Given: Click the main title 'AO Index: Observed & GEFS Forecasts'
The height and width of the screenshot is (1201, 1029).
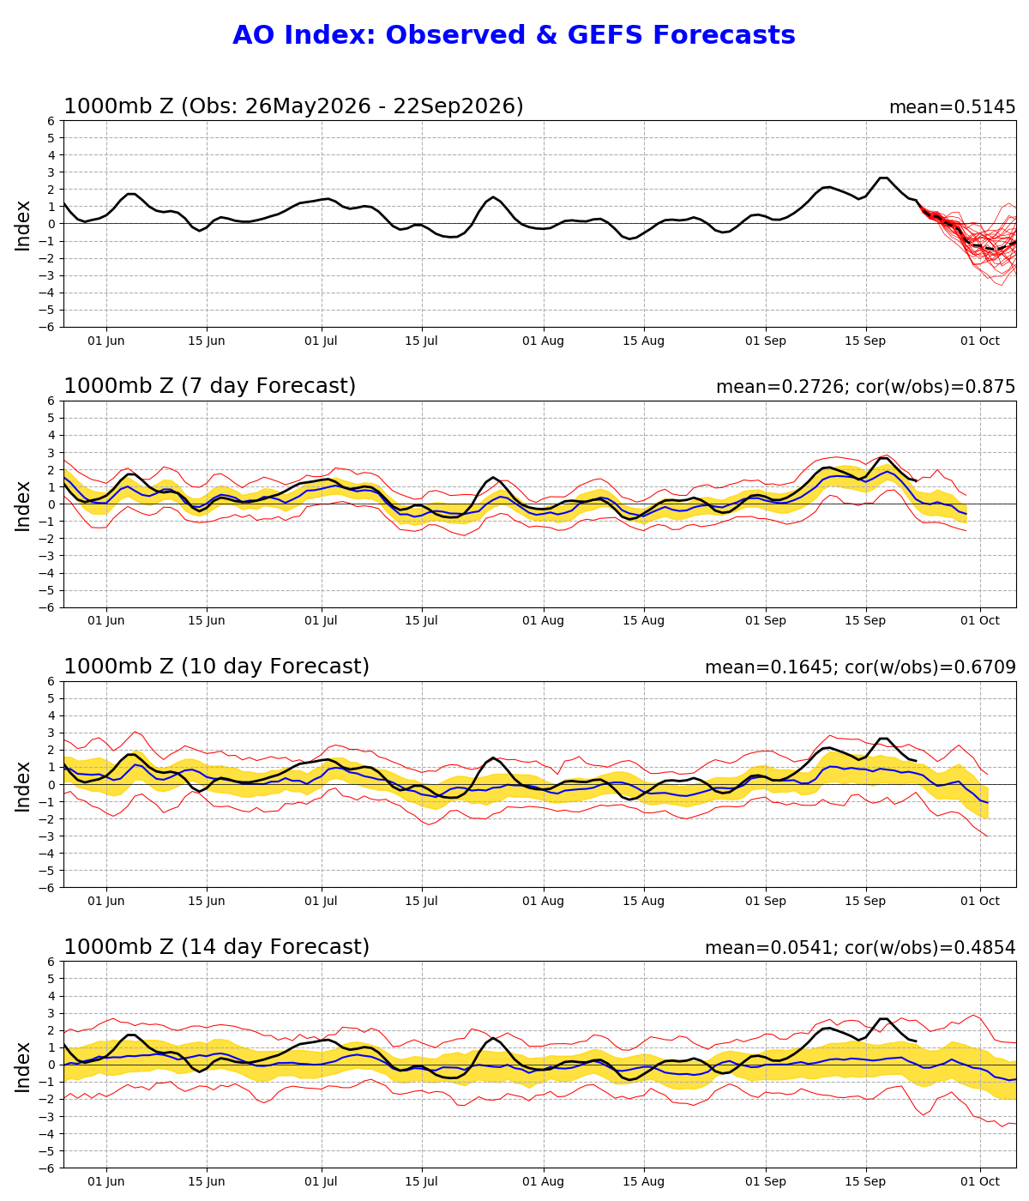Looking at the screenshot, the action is [x=514, y=35].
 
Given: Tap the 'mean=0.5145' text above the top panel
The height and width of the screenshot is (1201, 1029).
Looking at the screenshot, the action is [x=953, y=107].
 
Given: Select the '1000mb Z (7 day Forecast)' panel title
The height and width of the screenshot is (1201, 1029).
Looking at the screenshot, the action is [x=209, y=386].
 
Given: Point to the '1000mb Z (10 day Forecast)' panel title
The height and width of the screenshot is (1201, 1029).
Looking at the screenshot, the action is [x=217, y=667].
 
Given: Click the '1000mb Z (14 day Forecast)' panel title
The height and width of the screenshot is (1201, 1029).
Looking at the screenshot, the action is [x=217, y=946].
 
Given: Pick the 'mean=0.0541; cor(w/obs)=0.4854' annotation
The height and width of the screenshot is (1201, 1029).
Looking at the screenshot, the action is [x=861, y=948].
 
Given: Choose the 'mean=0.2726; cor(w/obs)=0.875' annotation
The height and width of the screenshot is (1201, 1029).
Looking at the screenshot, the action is [x=866, y=386].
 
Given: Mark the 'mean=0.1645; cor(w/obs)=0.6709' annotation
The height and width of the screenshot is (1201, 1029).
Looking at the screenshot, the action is [x=861, y=667].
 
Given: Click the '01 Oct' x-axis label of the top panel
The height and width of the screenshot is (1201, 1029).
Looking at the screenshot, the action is [x=980, y=341].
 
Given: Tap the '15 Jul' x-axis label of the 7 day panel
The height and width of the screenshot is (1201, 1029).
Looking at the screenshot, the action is [x=422, y=620].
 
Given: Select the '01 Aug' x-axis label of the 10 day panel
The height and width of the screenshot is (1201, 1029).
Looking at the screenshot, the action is [x=544, y=902].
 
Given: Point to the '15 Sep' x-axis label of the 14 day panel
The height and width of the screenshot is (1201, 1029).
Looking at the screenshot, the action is [x=865, y=1182].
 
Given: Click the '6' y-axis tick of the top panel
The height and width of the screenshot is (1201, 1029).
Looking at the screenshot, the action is [x=51, y=121].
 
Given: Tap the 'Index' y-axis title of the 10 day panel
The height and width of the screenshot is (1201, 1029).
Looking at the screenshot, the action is [x=22, y=787].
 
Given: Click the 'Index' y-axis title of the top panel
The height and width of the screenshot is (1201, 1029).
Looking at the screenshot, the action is [x=22, y=226].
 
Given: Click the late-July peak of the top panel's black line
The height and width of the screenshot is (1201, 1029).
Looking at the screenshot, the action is [x=493, y=197].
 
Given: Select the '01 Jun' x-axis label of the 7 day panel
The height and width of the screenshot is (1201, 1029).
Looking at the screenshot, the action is [x=106, y=620].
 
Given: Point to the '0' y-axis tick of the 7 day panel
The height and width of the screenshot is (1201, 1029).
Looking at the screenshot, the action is [x=51, y=504].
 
